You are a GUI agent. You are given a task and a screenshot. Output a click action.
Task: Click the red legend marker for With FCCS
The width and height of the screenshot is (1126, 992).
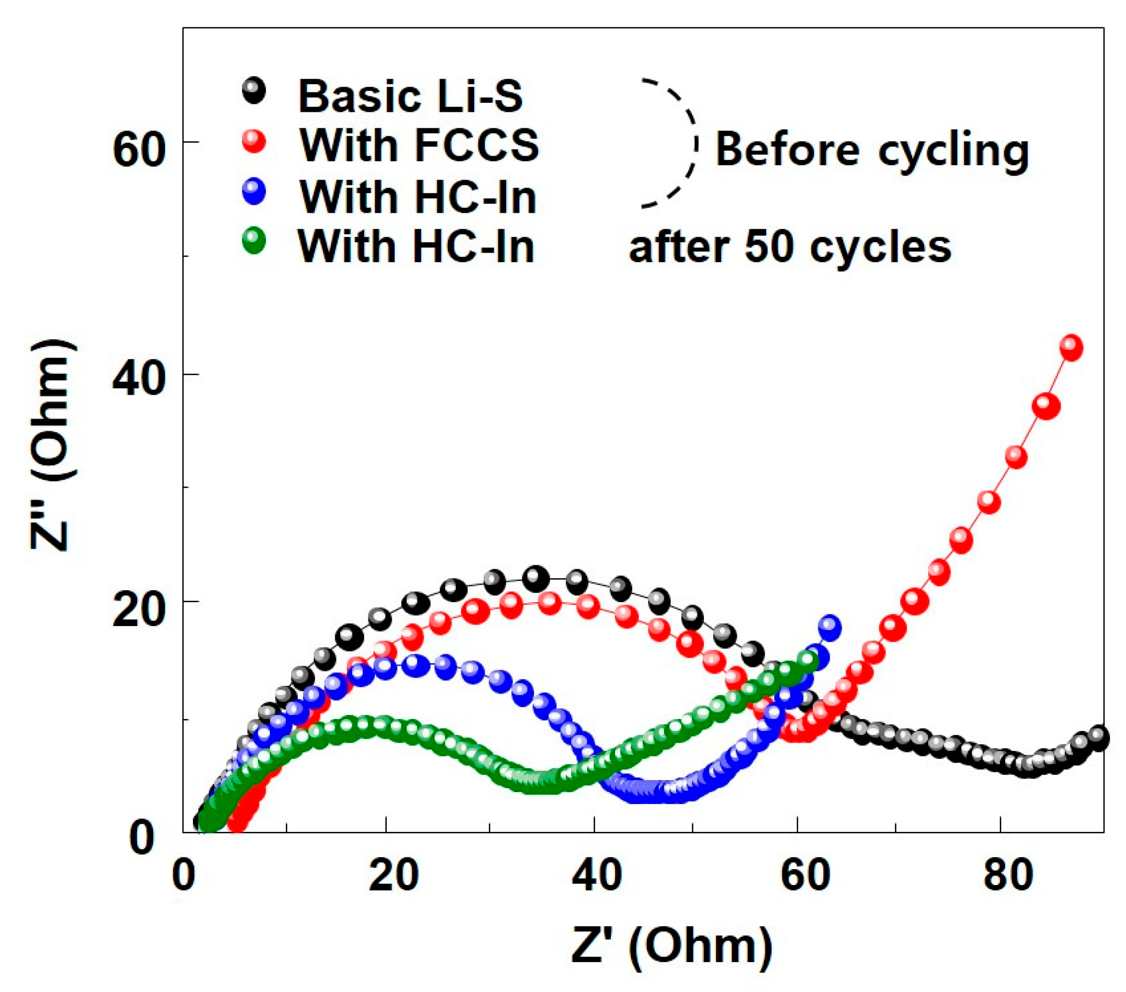254,142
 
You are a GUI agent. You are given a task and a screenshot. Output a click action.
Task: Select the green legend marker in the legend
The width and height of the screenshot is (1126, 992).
254,240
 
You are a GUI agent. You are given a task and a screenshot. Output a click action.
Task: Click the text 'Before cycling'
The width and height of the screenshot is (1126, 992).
871,151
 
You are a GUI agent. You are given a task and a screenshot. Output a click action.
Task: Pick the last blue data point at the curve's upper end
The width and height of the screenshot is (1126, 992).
829,627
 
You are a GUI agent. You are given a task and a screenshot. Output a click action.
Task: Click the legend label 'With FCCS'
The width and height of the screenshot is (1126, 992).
419,145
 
